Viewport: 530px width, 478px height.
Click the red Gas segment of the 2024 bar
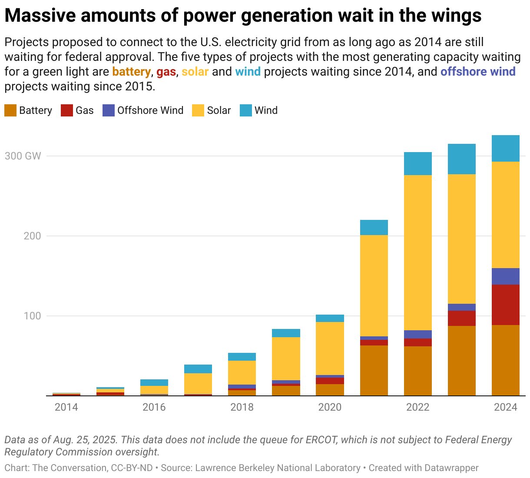[x=505, y=305]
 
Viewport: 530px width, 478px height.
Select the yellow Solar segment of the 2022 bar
[x=417, y=252]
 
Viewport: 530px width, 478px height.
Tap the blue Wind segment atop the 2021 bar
[x=374, y=227]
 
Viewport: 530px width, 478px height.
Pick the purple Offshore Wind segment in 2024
[x=505, y=276]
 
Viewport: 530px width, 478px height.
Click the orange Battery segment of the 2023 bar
[x=461, y=361]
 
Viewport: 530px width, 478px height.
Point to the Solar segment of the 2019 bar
[x=286, y=358]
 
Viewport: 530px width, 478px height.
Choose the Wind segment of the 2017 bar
[x=198, y=369]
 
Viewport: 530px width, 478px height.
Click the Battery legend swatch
[x=10, y=110]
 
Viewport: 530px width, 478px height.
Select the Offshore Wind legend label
[x=150, y=110]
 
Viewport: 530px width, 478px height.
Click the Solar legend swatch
[x=198, y=110]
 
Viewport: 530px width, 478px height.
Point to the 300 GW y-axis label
[x=23, y=156]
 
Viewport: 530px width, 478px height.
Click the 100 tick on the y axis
[x=32, y=316]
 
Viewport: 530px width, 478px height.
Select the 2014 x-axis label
[x=66, y=407]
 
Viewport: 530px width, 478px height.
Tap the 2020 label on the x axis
[x=330, y=407]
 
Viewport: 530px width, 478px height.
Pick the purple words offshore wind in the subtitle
[x=478, y=72]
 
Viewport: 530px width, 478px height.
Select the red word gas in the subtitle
[x=166, y=72]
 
